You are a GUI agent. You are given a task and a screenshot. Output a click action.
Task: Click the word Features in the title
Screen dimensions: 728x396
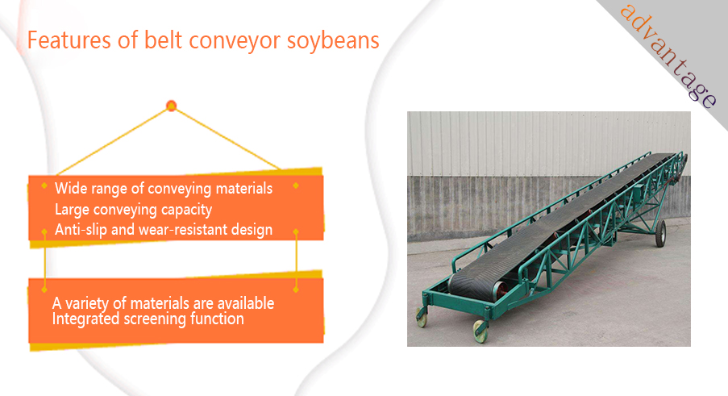pyautogui.click(x=69, y=40)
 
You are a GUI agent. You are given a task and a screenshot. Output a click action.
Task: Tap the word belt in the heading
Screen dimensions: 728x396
pyautogui.click(x=163, y=40)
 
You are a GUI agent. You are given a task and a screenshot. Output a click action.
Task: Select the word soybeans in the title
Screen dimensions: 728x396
pyautogui.click(x=333, y=41)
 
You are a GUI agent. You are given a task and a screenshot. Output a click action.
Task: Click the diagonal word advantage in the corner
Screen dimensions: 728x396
pyautogui.click(x=669, y=56)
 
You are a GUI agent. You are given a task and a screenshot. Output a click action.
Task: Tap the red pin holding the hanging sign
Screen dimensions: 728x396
pyautogui.click(x=172, y=106)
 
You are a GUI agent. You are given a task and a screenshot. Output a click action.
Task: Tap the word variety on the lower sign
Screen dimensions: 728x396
pyautogui.click(x=87, y=303)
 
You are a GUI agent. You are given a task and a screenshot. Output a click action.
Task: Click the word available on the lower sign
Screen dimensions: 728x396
pyautogui.click(x=246, y=303)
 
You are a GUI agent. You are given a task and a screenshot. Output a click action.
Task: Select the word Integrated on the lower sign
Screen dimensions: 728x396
pyautogui.click(x=86, y=319)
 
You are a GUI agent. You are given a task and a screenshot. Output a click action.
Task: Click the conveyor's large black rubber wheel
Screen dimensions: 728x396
pyautogui.click(x=659, y=233)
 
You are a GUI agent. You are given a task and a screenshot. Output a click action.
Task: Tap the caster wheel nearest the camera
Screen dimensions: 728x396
pyautogui.click(x=480, y=331)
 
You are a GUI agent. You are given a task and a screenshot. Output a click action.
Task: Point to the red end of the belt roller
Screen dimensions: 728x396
pyautogui.click(x=500, y=290)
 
